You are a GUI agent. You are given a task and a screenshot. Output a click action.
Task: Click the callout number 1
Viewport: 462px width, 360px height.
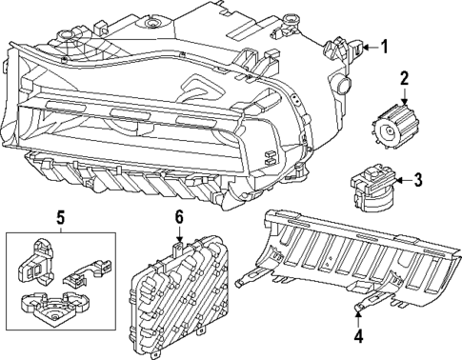click(385, 46)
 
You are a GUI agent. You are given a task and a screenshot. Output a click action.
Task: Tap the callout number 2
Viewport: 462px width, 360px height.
click(404, 78)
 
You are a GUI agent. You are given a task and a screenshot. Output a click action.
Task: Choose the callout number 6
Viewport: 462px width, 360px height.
click(177, 218)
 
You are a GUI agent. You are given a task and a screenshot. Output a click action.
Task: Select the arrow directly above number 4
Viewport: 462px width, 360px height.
click(358, 315)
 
